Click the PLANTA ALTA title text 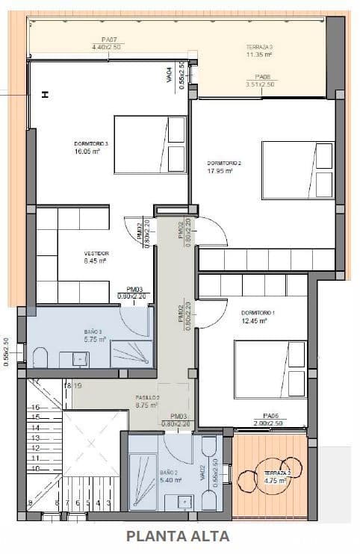178,535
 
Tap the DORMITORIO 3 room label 91,143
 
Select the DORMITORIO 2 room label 224,162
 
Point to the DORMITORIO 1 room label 258,312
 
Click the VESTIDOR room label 96,253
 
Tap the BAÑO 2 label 167,472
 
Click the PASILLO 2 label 147,397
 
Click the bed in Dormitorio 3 149,144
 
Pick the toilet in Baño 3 40,357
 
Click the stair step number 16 34,407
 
